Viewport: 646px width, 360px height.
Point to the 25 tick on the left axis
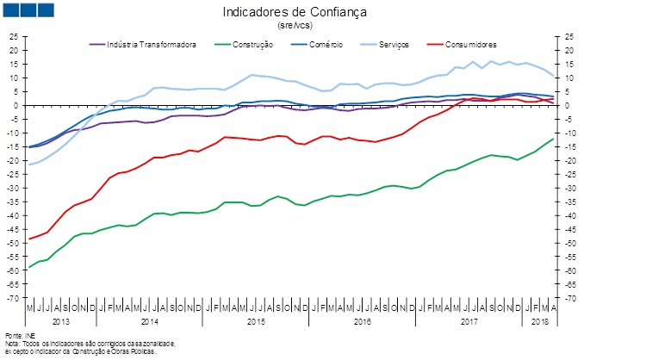[x=14, y=36]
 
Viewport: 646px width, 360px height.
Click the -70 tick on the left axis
[x=12, y=298]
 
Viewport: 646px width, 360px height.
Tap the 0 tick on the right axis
[x=568, y=105]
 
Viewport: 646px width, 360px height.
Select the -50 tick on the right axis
[x=571, y=243]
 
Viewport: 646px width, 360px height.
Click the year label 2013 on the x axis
[x=61, y=321]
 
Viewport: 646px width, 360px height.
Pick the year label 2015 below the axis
[x=257, y=321]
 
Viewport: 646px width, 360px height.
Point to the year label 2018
[x=541, y=321]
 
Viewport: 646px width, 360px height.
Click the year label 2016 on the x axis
[x=363, y=321]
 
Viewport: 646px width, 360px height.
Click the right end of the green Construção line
[x=553, y=139]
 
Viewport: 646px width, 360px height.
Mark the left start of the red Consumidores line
[x=30, y=239]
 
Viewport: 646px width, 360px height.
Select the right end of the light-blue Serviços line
[x=553, y=76]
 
